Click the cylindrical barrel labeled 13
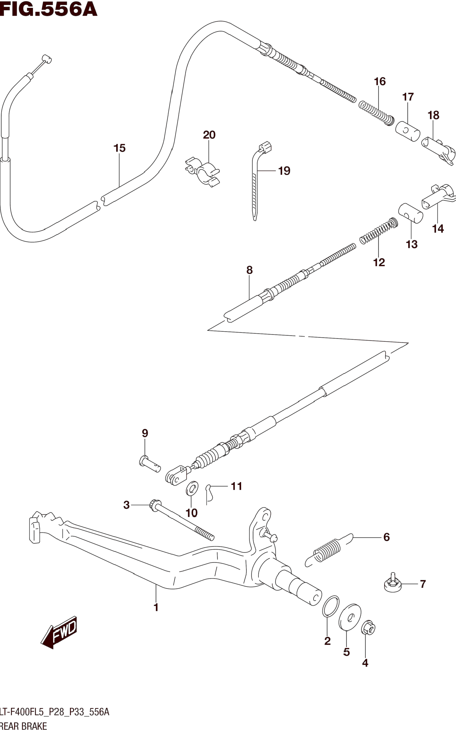410,213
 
